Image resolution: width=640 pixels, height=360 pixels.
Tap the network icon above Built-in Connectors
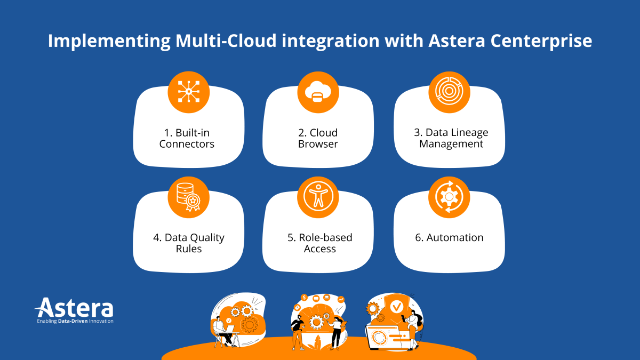point(189,92)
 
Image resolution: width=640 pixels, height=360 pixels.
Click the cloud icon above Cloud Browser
point(318,92)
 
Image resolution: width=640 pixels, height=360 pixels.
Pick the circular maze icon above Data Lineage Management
point(449,92)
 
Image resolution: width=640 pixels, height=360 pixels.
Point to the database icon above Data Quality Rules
point(189,197)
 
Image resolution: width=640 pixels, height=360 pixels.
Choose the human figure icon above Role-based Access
point(318,197)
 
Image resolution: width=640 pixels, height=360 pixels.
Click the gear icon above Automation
point(449,197)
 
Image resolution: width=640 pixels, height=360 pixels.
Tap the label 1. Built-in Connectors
point(187,138)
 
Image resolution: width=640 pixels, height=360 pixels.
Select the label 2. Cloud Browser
point(317,138)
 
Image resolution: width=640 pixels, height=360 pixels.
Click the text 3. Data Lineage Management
point(451,138)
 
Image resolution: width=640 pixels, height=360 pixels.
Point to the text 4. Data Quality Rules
point(189,243)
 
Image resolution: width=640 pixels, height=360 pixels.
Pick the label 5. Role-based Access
point(320,243)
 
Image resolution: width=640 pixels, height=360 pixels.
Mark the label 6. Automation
point(449,238)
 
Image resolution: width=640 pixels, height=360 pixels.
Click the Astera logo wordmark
point(75,308)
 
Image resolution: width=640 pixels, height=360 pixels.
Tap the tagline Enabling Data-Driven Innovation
point(75,321)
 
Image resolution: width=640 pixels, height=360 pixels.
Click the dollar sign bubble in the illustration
point(304,298)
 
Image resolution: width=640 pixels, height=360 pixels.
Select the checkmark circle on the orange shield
point(396,307)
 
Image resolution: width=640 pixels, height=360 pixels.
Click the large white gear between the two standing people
point(317,322)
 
